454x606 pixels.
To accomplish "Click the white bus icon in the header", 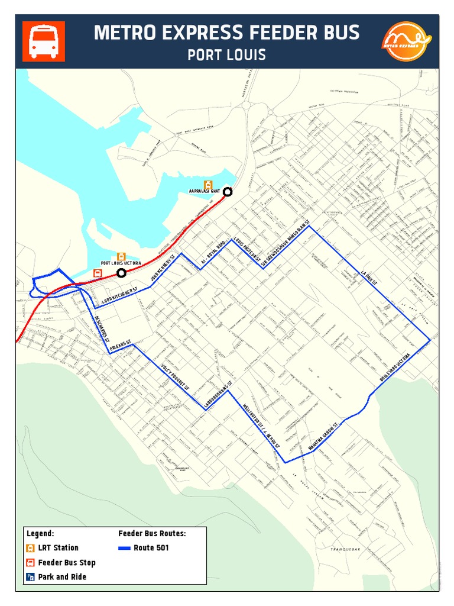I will (x=44, y=41).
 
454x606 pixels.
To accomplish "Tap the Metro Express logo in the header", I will (x=407, y=41).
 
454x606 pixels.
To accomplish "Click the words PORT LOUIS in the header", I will (x=226, y=55).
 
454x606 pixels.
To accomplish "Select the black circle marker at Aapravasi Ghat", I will (x=227, y=191).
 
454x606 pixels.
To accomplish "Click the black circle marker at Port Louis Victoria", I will (x=121, y=273).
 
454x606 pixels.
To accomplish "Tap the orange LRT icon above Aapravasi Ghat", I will (x=207, y=184).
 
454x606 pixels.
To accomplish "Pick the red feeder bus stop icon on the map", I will (x=97, y=273).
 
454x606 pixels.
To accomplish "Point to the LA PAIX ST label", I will (x=369, y=276).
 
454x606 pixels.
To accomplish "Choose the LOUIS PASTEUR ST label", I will (x=247, y=251).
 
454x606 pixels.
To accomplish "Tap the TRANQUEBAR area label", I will (x=346, y=550).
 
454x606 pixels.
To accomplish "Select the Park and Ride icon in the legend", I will (x=30, y=577).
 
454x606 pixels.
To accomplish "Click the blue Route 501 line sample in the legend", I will (x=124, y=548).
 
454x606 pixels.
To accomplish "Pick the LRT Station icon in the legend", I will (x=30, y=548).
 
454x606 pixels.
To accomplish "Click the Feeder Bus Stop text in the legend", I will (x=67, y=563).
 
